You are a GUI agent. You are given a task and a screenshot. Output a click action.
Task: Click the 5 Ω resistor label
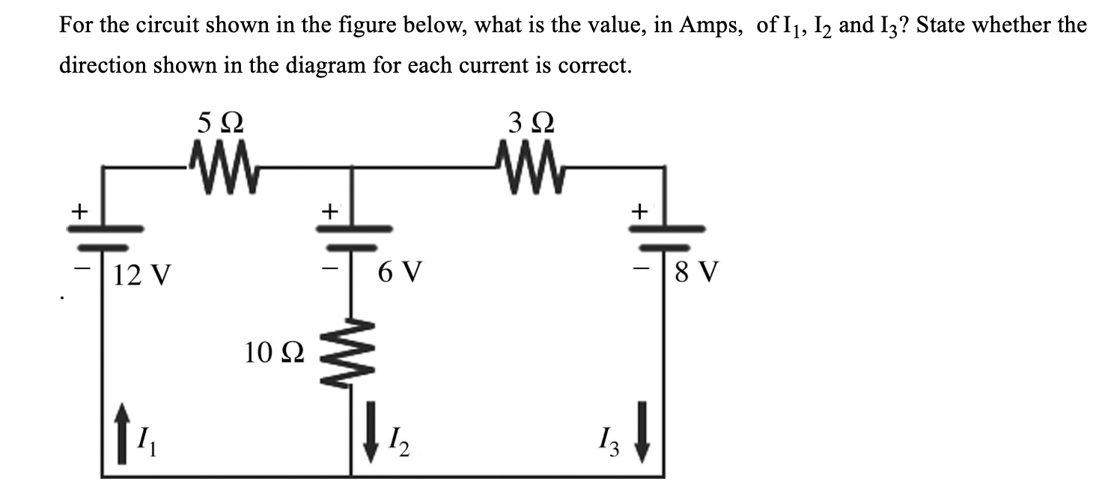pyautogui.click(x=220, y=121)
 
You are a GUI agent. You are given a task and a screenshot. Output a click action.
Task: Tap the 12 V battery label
pyautogui.click(x=142, y=276)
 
